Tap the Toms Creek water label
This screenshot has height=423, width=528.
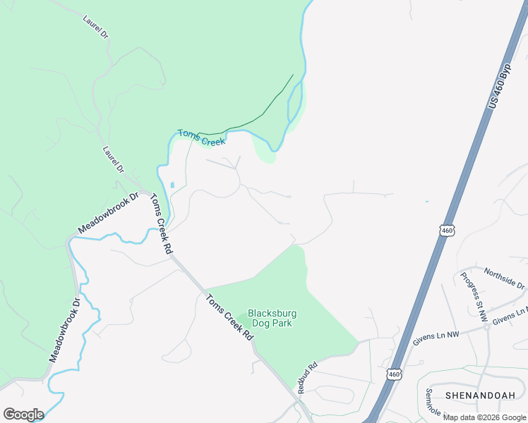pos(201,137)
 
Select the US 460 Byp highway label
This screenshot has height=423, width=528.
pos(498,88)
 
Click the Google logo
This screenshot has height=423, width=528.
pos(23,414)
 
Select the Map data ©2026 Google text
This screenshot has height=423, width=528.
pos(484,417)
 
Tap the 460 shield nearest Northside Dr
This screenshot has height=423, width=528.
pos(445,231)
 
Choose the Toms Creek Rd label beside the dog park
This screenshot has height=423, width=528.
pos(229,318)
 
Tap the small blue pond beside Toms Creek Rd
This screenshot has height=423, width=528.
pos(172,185)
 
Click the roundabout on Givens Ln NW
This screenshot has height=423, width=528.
pos(487,327)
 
